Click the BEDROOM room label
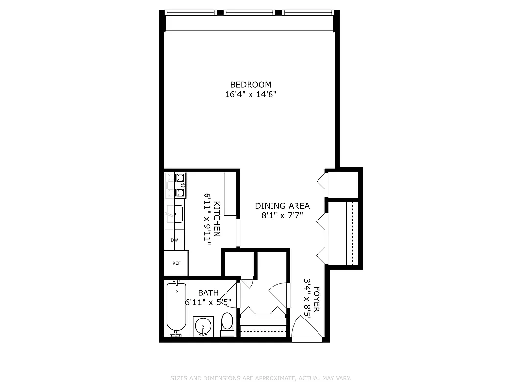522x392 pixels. coord(250,85)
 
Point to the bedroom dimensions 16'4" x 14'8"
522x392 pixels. coord(250,95)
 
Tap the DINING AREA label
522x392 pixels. coord(282,206)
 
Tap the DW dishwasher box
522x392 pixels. coord(175,240)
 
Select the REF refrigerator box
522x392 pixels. coord(176,263)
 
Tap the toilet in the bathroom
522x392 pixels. coord(227,324)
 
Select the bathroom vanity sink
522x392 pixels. coord(203,325)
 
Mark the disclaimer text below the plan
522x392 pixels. coord(261,378)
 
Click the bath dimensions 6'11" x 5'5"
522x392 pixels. coord(208,302)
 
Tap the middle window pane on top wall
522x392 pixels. coord(250,13)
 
